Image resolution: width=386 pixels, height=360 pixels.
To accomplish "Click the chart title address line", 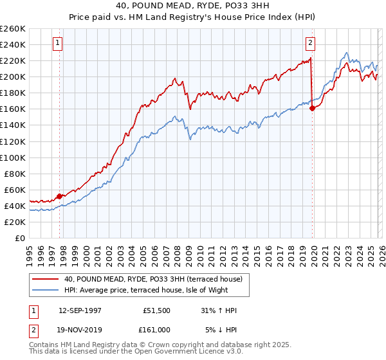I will pyautogui.click(x=193, y=6).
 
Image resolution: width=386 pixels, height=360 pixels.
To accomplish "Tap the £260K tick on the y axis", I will pyautogui.click(x=13, y=29).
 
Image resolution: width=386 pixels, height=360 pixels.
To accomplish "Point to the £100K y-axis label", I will pyautogui.click(x=13, y=157).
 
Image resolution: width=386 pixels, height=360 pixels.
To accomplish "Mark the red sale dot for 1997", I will pyautogui.click(x=60, y=196).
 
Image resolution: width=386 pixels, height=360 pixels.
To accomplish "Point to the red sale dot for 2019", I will pyautogui.click(x=312, y=108).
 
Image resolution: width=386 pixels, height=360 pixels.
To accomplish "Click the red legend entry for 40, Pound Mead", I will pyautogui.click(x=152, y=279).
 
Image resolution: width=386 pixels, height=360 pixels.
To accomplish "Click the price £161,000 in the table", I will pyautogui.click(x=157, y=329).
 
